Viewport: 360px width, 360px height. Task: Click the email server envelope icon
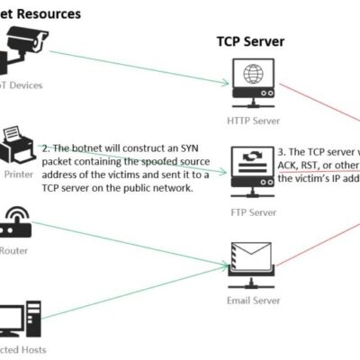click(250, 256)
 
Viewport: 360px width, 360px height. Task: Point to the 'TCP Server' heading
click(250, 41)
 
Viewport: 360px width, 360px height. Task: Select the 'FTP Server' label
click(250, 211)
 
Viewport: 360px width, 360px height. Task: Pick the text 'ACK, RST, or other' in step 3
click(319, 166)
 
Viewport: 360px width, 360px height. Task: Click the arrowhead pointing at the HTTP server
click(226, 83)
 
